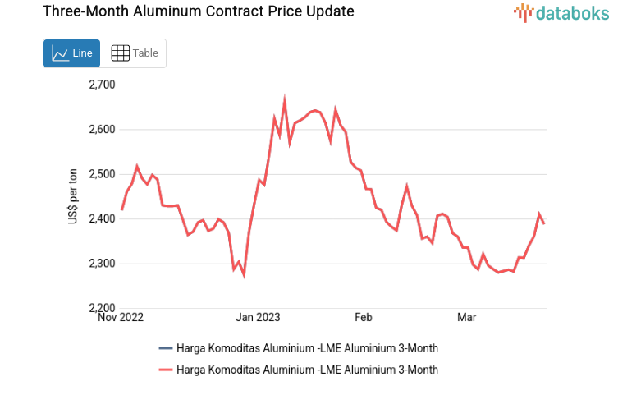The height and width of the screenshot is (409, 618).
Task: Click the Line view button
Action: pos(71,53)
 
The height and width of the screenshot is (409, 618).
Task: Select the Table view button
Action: pos(135,53)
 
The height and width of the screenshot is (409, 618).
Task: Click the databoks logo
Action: pos(560,12)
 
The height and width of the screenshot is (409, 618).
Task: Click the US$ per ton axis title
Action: pos(74,196)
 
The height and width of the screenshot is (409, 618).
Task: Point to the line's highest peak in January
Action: pos(285,101)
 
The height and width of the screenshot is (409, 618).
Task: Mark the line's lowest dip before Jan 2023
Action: pos(244,276)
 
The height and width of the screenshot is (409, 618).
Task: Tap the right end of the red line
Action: pos(544,223)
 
